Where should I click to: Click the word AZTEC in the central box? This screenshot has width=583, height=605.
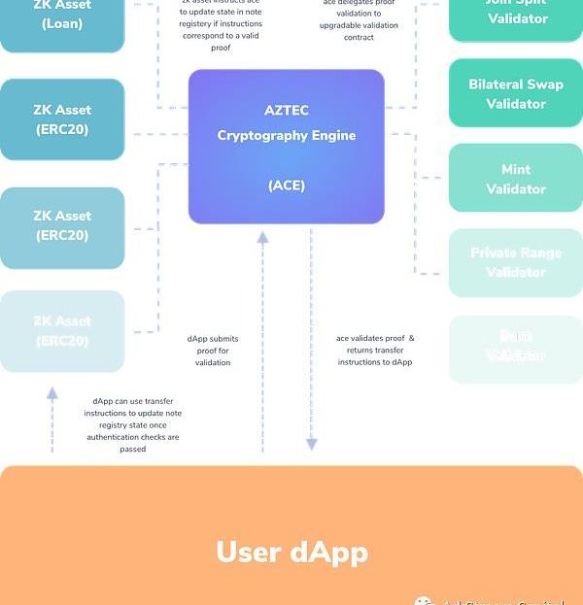tap(286, 111)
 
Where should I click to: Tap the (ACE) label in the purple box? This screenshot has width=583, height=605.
tap(286, 185)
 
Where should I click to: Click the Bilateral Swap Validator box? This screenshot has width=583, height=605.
tap(515, 94)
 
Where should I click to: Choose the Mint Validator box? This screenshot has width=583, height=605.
tap(515, 179)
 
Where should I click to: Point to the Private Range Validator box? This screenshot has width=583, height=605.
tap(515, 262)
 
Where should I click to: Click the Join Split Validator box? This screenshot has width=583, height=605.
tap(515, 17)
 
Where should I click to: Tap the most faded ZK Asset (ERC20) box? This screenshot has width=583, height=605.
tap(62, 331)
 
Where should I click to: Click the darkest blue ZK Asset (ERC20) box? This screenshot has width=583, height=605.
tap(62, 119)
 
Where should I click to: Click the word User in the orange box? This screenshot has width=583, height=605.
tap(248, 553)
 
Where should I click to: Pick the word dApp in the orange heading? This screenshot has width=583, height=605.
tap(329, 553)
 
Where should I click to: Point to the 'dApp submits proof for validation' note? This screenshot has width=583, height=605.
tap(212, 351)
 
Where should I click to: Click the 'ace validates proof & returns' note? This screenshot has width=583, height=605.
tap(375, 350)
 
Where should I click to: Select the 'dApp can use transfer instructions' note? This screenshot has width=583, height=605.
tap(133, 424)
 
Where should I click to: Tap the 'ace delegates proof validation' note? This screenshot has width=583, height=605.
tap(359, 19)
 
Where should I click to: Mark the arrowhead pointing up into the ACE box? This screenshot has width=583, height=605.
tap(262, 237)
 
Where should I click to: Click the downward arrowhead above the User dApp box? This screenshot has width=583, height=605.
tap(312, 444)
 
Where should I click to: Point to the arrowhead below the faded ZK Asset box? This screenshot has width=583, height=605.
tap(52, 393)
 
